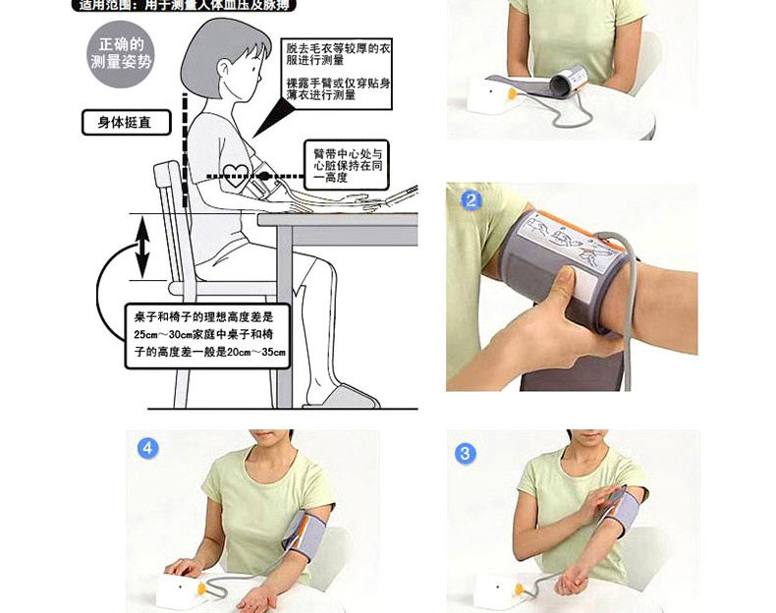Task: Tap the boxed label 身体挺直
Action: (126, 123)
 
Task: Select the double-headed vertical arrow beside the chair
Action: (143, 247)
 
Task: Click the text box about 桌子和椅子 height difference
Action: (208, 335)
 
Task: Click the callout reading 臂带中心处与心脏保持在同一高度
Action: (347, 166)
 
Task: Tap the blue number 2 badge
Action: (471, 200)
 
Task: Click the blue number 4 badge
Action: (147, 448)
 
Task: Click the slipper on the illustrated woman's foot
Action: (340, 397)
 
